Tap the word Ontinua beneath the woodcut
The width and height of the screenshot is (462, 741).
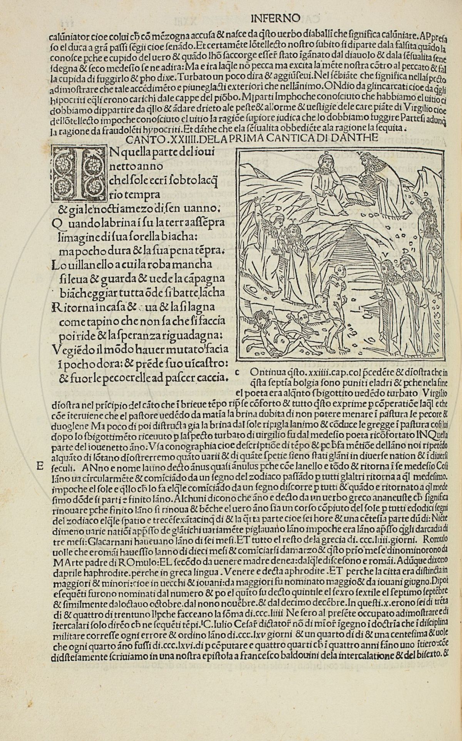tap(267, 373)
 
